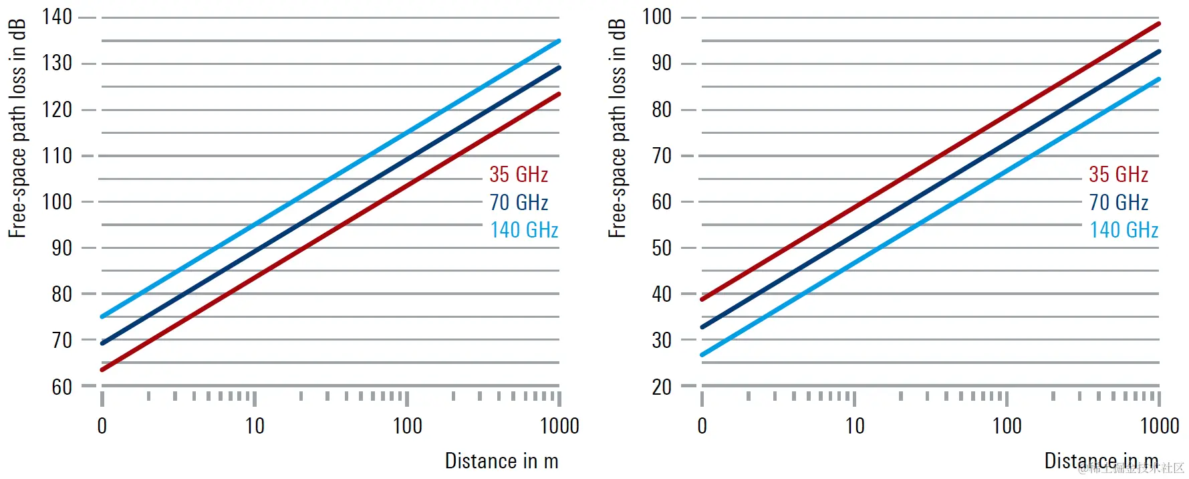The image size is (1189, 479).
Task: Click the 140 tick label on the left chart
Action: [57, 17]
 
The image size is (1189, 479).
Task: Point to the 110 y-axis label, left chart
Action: [57, 156]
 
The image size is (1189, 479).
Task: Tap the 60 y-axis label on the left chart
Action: [61, 387]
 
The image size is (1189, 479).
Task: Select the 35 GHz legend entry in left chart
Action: [519, 175]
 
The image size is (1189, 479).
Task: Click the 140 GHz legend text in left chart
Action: [524, 230]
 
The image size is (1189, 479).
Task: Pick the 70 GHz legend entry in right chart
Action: [1118, 202]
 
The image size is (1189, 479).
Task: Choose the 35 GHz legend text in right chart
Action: [1118, 175]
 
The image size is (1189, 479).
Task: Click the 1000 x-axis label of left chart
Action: [559, 426]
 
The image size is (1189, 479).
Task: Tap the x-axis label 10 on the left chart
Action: [255, 426]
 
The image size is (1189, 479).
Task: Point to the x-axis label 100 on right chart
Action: [1007, 426]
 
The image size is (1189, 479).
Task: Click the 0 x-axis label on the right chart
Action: [702, 426]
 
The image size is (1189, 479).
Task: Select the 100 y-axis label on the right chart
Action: [656, 17]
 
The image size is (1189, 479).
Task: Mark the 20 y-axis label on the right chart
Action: [662, 387]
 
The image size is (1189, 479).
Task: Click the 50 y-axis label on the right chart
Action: [662, 248]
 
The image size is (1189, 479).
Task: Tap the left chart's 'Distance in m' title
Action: [501, 461]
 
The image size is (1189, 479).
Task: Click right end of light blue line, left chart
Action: [559, 41]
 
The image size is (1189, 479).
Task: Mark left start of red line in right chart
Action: [702, 299]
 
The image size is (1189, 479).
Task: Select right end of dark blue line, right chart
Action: [1158, 52]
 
